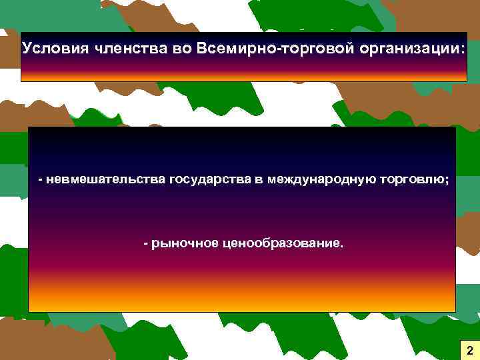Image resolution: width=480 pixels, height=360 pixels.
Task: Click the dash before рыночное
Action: (147, 243)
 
